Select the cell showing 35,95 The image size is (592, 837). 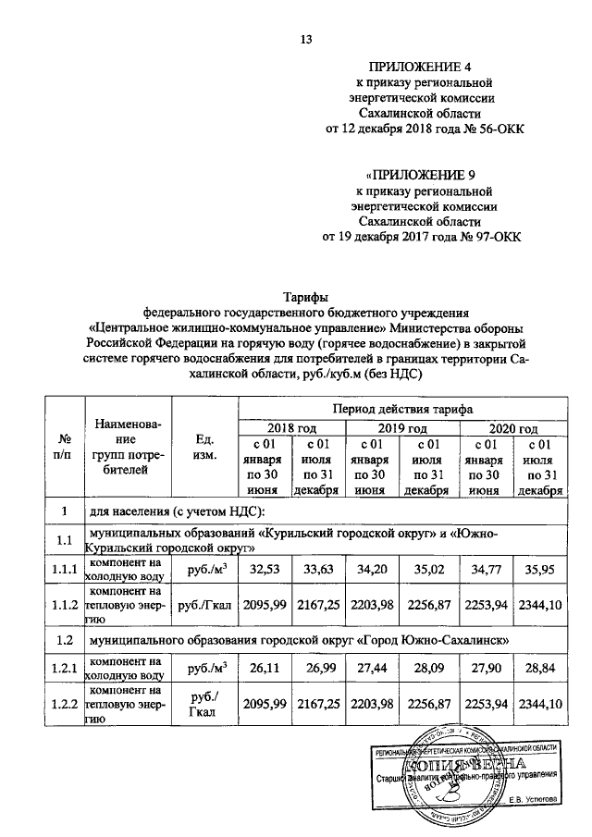pos(538,570)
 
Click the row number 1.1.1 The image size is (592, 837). pos(64,570)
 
